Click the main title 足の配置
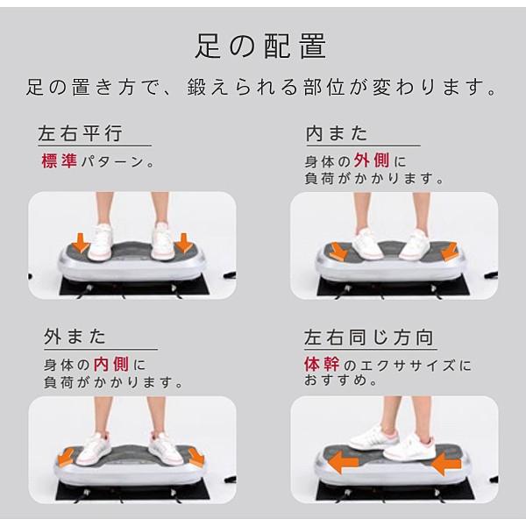pos(260,46)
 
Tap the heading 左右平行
pos(80,133)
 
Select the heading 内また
pos(337,133)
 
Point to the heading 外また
pos(75,336)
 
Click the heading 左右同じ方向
pos(369,338)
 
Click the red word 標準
pos(60,161)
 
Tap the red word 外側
pos(372,160)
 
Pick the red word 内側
pos(111,364)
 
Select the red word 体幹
pos(322,364)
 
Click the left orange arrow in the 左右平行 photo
pos(81,243)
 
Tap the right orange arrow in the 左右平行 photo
pos(184,243)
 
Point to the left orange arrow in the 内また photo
pos(338,252)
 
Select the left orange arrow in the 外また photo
pos(66,457)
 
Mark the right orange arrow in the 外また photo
pos(195,458)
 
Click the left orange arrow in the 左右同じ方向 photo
pos(343,462)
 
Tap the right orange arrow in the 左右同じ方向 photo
pos(446,463)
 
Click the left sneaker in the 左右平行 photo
pos(100,242)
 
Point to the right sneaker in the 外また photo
pos(166,449)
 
